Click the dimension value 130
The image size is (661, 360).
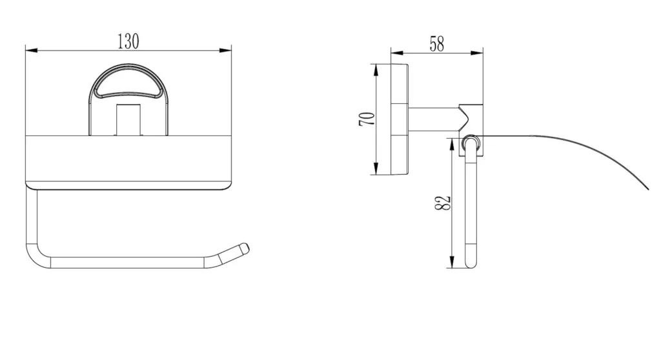pos(128,42)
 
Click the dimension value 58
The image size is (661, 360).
pos(437,45)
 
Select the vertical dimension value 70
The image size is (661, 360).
pos(367,119)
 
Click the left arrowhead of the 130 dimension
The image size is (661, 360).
pos(32,50)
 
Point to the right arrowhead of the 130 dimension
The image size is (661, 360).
pos(225,50)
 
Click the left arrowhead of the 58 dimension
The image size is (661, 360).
pos(397,53)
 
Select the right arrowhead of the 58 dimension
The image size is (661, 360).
pos(477,53)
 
